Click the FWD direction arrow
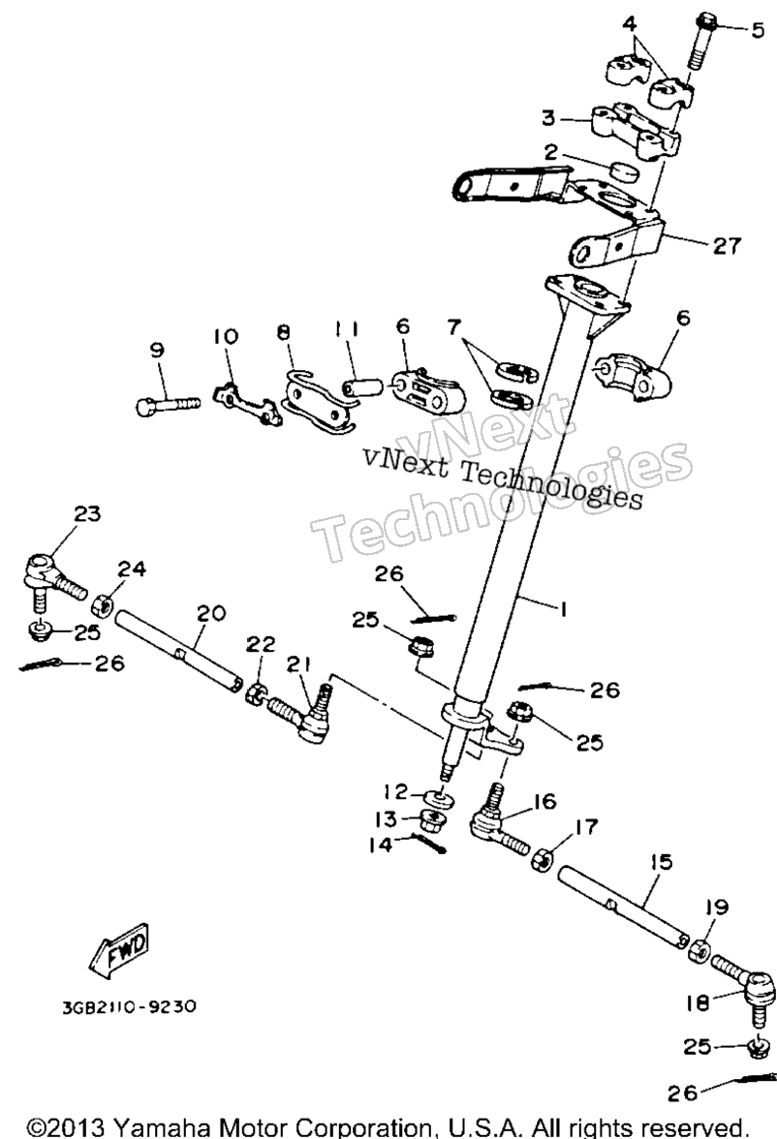click(120, 950)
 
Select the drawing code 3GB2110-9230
click(129, 1007)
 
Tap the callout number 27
click(726, 246)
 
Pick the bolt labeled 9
click(168, 404)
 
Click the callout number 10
click(226, 336)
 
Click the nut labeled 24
click(103, 604)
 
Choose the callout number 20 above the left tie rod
click(211, 614)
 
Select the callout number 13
click(386, 819)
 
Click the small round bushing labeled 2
click(622, 173)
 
